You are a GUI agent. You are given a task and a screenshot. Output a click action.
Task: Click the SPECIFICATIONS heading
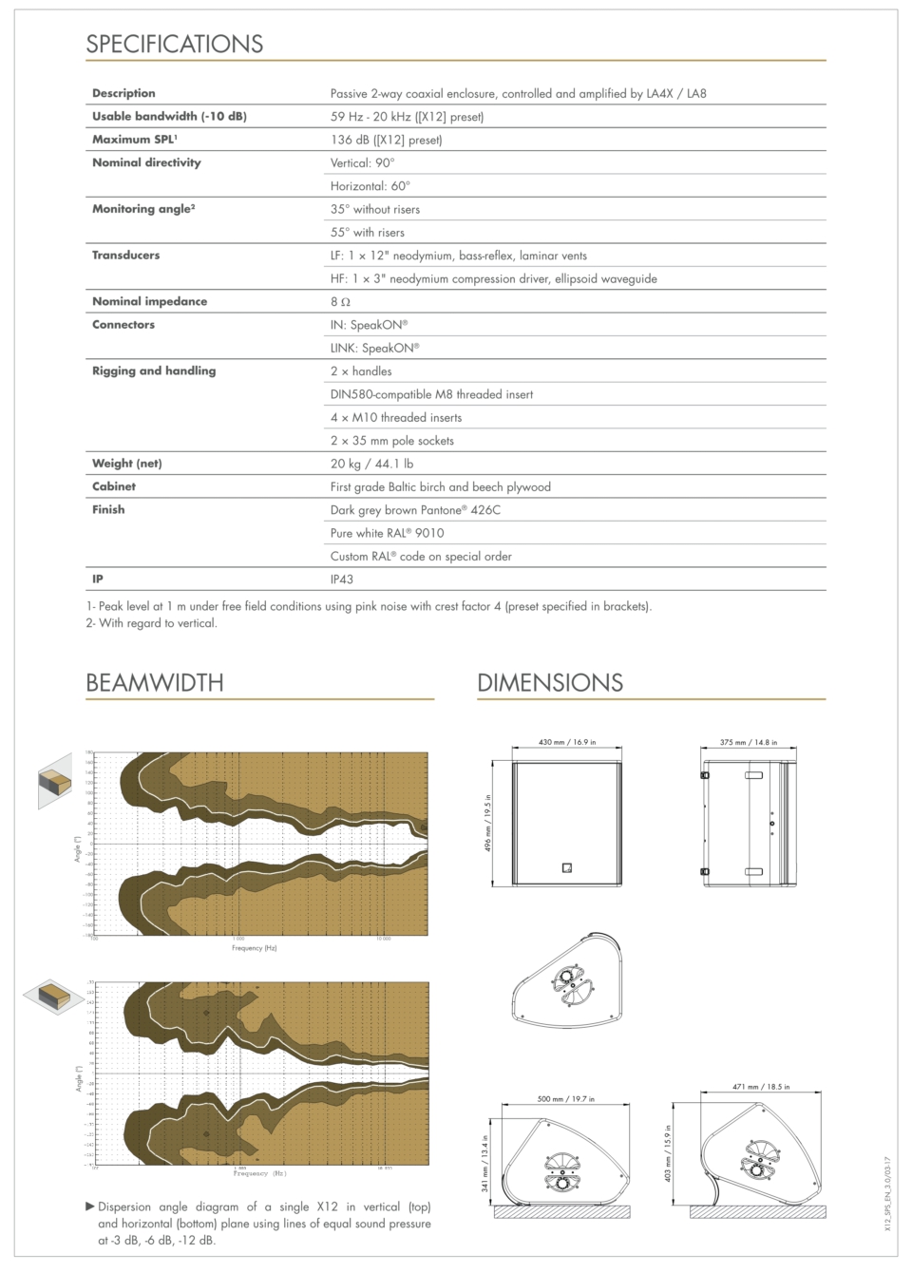pos(175,44)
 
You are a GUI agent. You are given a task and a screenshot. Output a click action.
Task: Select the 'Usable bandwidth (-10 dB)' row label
pos(169,116)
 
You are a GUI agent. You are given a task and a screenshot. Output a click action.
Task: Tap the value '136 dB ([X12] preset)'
pos(386,140)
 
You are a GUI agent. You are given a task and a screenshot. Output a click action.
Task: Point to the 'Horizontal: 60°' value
pos(370,186)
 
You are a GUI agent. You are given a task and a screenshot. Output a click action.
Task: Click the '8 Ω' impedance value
pos(340,302)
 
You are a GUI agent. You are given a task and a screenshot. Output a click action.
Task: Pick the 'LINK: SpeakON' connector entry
pos(374,348)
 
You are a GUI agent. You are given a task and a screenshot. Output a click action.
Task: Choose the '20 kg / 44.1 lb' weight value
pos(371,464)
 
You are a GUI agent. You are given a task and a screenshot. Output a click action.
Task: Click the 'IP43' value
pos(342,579)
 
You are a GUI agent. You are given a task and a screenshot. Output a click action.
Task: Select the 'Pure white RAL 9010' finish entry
pos(387,533)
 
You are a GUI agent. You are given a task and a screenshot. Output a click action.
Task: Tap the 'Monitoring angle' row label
pos(143,209)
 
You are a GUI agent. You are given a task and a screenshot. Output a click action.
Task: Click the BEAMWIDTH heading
pos(155,682)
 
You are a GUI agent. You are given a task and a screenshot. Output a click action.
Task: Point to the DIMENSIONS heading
pos(550,682)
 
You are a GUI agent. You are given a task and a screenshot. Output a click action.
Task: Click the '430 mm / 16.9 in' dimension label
pos(567,742)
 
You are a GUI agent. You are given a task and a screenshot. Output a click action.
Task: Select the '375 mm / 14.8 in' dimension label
pos(748,742)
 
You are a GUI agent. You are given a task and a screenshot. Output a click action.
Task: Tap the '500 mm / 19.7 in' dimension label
pos(565,1098)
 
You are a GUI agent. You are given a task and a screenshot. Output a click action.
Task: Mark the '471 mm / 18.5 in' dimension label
pos(761,1086)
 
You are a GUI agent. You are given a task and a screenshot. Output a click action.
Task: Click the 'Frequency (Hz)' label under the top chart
pos(255,947)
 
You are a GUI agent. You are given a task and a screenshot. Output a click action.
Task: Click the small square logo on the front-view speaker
pos(567,867)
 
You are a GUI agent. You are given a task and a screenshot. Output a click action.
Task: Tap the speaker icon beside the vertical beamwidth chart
pos(55,781)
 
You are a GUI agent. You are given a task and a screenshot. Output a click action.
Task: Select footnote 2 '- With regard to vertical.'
pos(151,623)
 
